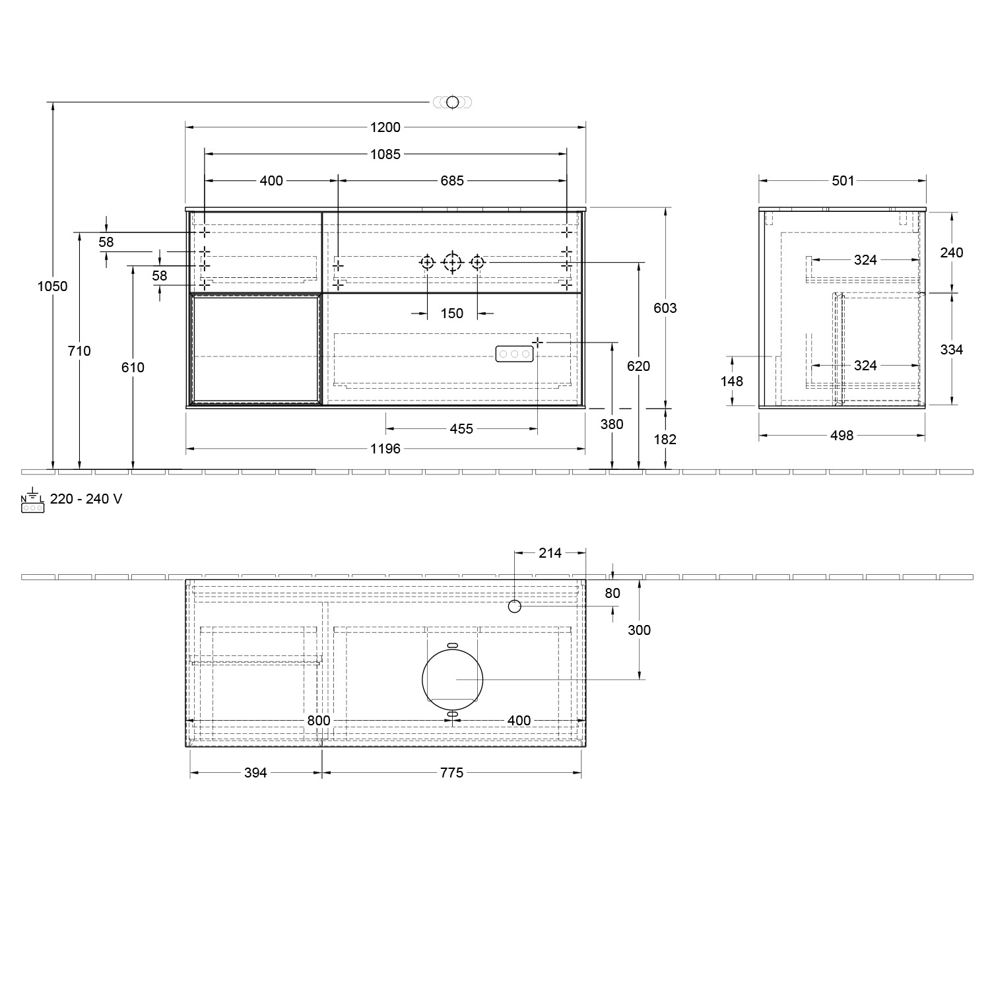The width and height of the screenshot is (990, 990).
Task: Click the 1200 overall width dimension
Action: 385,127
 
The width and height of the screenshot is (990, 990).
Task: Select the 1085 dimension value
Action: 385,154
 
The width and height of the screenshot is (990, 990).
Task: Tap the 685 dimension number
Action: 452,181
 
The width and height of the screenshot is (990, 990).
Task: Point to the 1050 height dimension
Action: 52,286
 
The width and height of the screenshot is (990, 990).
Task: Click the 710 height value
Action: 79,351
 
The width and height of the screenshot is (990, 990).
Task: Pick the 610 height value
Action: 133,368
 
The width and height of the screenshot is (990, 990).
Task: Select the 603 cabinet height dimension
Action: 665,308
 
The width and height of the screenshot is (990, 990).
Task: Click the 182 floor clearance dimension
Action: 665,440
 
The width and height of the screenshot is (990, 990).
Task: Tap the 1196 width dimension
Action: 385,449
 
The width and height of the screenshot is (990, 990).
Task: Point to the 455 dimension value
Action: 461,429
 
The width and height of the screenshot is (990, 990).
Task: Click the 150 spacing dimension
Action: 452,313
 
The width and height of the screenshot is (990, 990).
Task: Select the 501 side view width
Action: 843,181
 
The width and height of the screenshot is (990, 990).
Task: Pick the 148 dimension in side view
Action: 733,381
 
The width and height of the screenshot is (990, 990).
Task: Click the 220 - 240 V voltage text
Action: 86,499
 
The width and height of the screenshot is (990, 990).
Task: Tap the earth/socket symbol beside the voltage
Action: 32,503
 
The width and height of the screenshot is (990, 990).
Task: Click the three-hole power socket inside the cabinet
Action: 514,354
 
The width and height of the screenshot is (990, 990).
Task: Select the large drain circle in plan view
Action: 453,678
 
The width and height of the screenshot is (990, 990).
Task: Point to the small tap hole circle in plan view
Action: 515,607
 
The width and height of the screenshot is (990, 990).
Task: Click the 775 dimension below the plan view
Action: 452,773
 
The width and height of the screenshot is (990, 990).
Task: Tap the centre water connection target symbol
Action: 452,263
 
